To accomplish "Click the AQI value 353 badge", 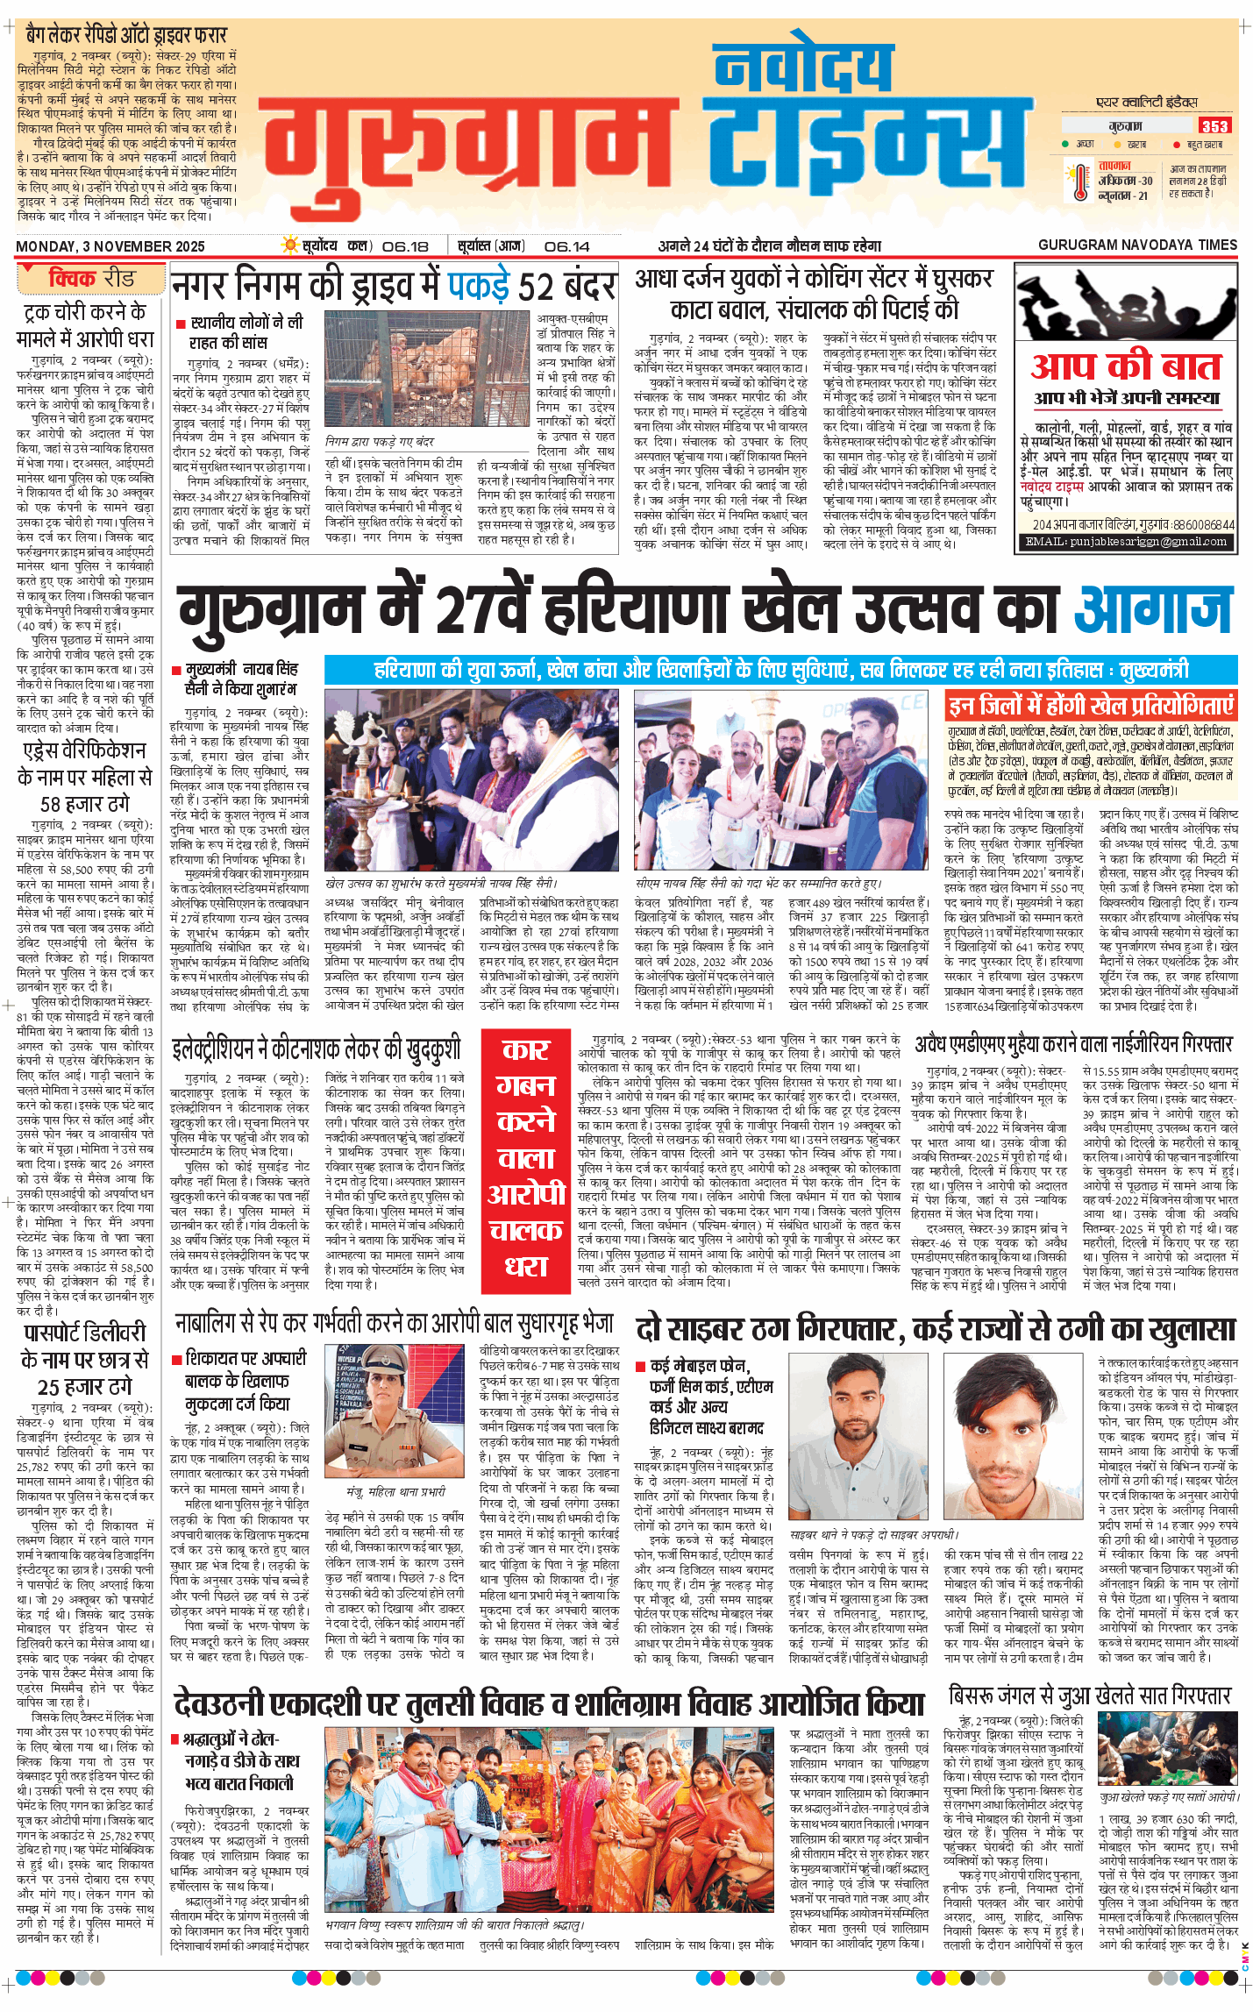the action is [1214, 125].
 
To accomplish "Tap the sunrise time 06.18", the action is [405, 246].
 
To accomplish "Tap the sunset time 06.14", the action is [566, 246].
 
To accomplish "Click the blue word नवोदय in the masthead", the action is [801, 67].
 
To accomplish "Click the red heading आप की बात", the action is [1125, 366].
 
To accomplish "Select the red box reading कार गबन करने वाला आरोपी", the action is [526, 1159].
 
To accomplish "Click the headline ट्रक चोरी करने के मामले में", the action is [85, 325].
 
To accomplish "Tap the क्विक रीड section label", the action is [90, 279].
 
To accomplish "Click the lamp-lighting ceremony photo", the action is [473, 780].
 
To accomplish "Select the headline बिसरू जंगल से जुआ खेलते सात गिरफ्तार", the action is [1089, 1696].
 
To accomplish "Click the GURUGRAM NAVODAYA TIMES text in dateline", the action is [1137, 245].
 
